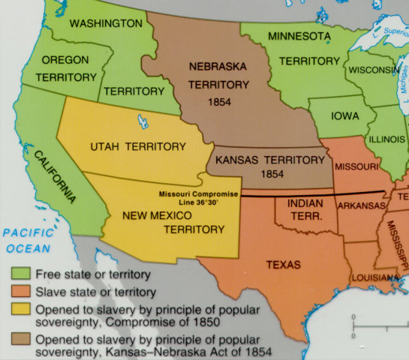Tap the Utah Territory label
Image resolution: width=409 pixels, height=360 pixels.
tap(137, 145)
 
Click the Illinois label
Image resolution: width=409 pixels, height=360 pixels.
tap(386, 140)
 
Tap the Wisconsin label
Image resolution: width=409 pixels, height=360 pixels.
tap(372, 70)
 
